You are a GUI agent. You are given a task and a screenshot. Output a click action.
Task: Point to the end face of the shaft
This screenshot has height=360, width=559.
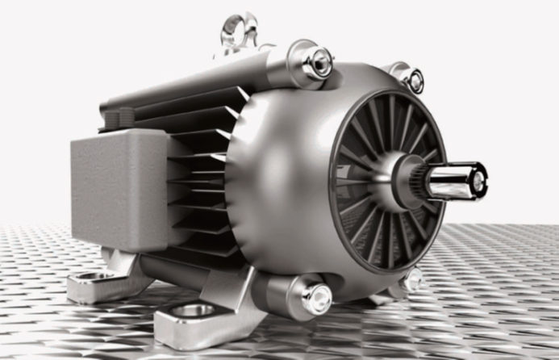tap(478, 180)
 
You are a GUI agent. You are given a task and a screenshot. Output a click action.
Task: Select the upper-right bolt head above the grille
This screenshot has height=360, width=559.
tap(415, 80)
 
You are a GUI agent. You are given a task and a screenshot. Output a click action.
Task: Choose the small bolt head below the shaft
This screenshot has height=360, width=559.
tap(412, 281)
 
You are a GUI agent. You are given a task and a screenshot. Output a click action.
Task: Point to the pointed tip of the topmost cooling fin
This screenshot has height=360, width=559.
tap(243, 94)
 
